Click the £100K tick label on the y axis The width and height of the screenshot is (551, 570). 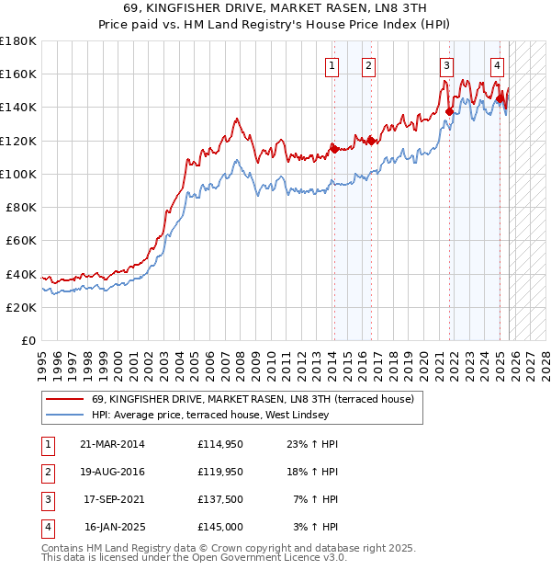click(x=18, y=174)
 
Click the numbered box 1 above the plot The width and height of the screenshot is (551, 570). click(x=331, y=65)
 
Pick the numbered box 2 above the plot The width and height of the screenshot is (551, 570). click(x=367, y=65)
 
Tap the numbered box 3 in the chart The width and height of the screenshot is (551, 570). click(x=446, y=65)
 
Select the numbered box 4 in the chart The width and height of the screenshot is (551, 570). click(x=497, y=65)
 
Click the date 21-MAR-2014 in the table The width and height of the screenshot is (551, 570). click(x=113, y=444)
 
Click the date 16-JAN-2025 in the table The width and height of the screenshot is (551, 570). click(x=113, y=528)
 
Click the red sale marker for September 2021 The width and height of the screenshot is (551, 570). click(x=449, y=111)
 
